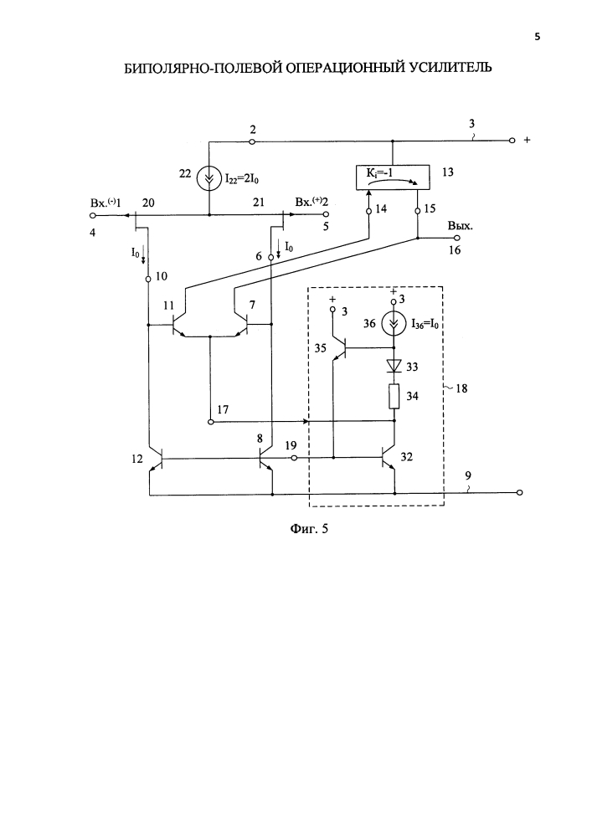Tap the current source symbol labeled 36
pos(394,325)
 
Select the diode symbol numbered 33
pos(394,366)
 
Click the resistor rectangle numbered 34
pos(394,396)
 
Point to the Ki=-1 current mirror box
pos(393,177)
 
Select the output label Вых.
pos(461,226)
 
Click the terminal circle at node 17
pos(211,422)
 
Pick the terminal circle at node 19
pos(292,458)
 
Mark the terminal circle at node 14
pos(368,212)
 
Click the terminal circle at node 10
pos(148,279)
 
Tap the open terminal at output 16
pos(456,239)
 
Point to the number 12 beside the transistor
pos(137,459)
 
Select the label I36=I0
pos(425,324)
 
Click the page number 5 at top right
pos(537,37)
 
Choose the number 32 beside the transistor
pos(407,457)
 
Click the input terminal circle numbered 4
pos(92,216)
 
